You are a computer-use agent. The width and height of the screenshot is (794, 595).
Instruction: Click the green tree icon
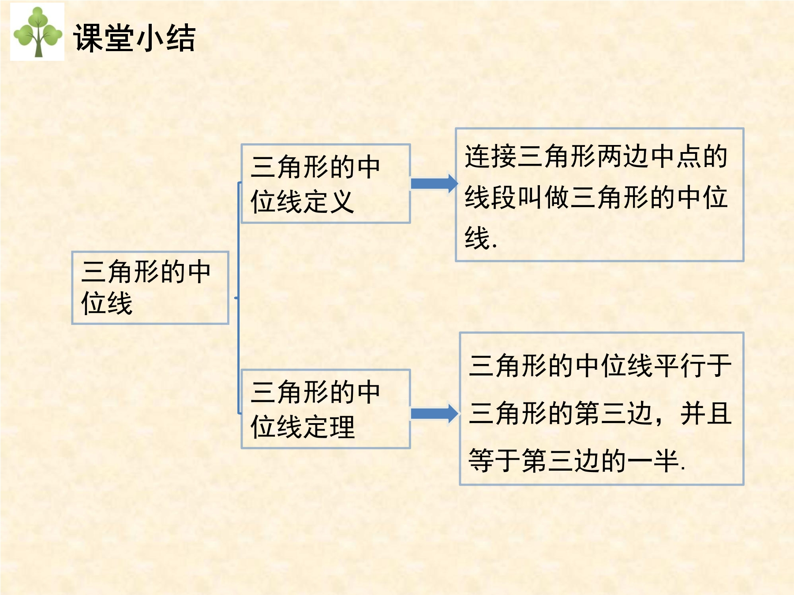(x=37, y=32)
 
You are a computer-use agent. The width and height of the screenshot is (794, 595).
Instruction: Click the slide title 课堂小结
(x=134, y=38)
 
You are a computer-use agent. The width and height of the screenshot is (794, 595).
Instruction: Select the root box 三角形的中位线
(x=150, y=288)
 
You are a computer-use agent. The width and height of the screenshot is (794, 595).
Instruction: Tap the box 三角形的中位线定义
(x=326, y=183)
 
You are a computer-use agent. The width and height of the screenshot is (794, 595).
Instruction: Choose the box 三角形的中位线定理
(x=326, y=409)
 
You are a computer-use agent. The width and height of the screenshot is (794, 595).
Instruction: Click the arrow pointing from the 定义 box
(x=434, y=183)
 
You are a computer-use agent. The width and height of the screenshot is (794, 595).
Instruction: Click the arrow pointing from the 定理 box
(x=434, y=413)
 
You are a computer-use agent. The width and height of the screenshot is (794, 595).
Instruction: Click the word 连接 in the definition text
(x=491, y=156)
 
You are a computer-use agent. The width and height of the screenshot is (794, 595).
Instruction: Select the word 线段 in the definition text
(x=491, y=197)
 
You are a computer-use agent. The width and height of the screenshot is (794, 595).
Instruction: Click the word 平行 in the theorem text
(x=680, y=366)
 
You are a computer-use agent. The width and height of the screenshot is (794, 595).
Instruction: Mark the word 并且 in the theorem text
(x=706, y=413)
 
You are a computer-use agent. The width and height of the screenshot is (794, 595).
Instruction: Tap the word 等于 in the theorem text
(x=494, y=461)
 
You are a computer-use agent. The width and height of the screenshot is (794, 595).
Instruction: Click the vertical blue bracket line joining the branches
(x=239, y=298)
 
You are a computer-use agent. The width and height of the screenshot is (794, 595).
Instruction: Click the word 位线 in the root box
(x=107, y=303)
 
